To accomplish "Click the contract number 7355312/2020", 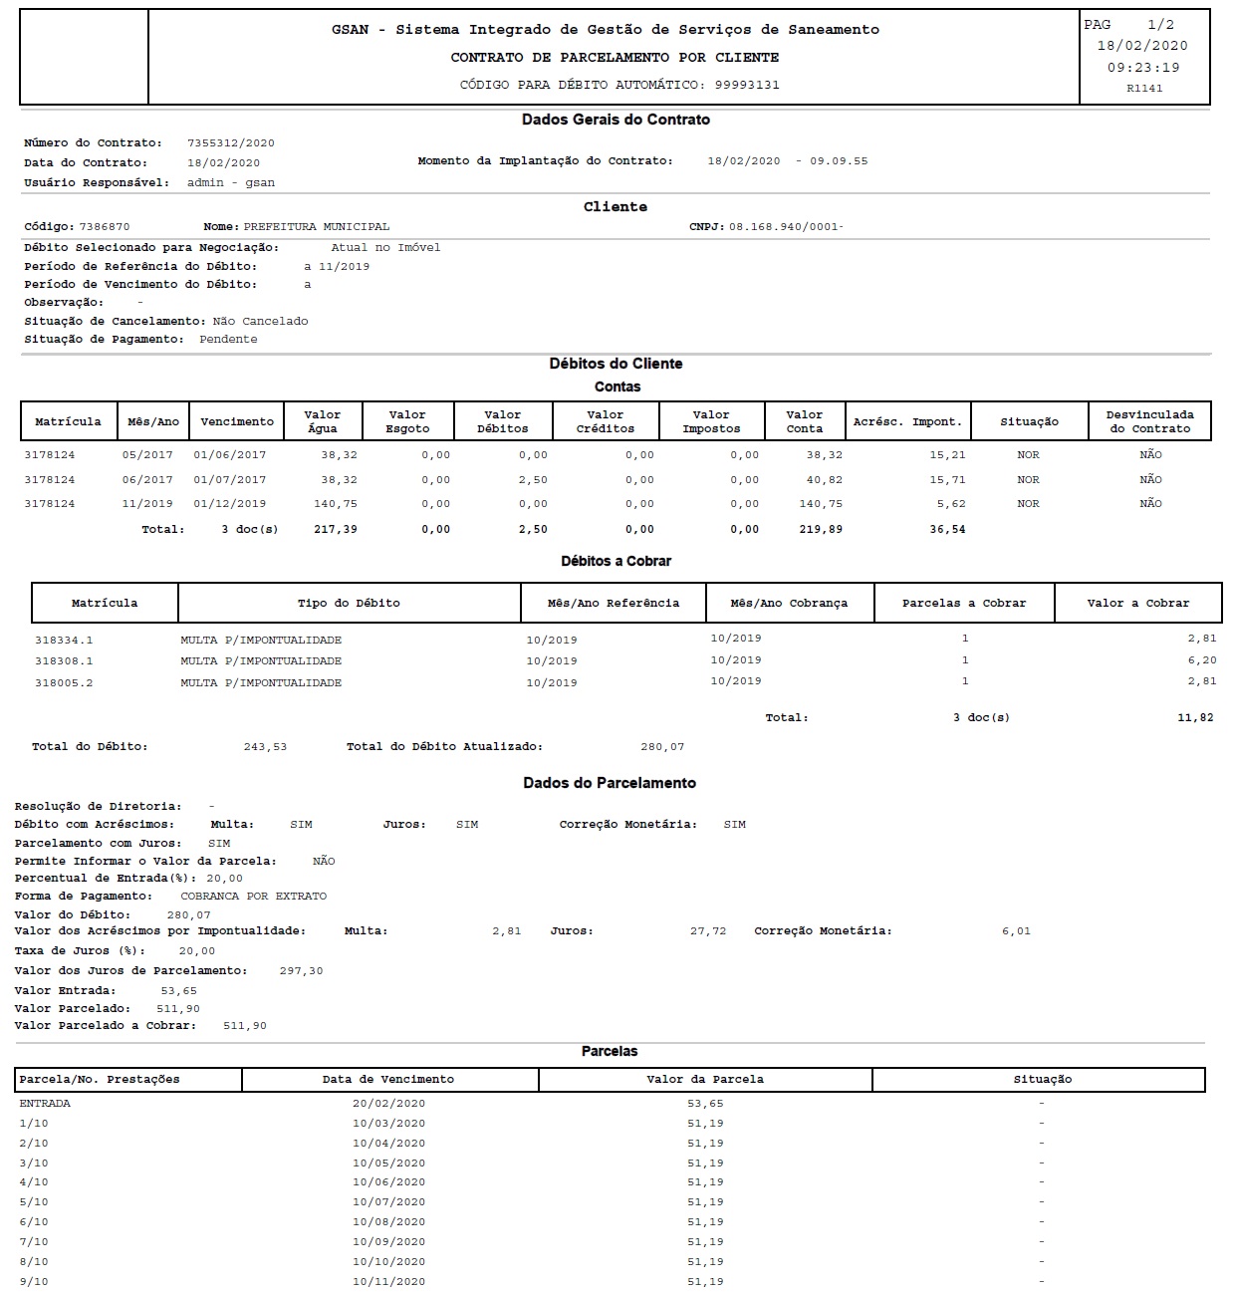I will (230, 143).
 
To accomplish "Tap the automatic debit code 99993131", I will (747, 85).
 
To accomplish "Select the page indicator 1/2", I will (1160, 25).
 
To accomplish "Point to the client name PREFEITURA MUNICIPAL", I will (317, 227).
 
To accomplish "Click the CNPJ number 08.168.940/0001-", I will (786, 227).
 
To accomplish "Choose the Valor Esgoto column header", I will (407, 421).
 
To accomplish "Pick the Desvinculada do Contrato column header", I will (1149, 421).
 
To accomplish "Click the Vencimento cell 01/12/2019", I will (230, 504).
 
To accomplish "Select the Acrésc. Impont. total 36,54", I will (946, 530).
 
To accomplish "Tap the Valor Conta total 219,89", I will (821, 530).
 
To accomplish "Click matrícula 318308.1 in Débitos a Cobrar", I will (64, 661).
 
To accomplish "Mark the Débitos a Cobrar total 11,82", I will (1195, 718).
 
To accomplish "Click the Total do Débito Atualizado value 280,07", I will (662, 747).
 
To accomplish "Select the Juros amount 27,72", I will (708, 931).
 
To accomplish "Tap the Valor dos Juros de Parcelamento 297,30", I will (301, 971).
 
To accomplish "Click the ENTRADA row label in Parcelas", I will (45, 1104).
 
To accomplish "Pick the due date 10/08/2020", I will (388, 1222).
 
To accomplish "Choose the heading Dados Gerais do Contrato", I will (616, 120).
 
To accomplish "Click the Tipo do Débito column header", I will (349, 604).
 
